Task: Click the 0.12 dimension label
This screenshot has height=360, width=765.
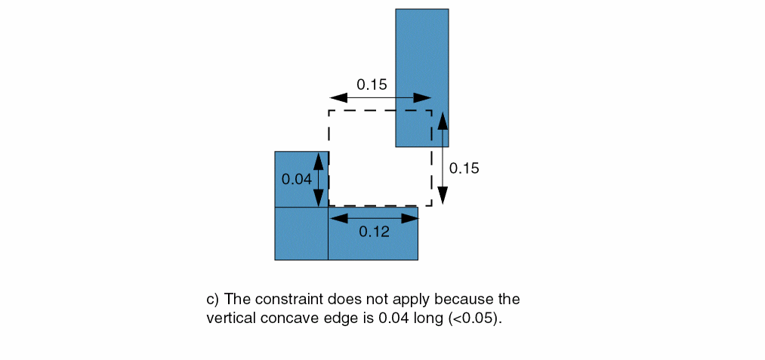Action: click(x=375, y=232)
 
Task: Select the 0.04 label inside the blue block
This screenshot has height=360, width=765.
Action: click(x=297, y=179)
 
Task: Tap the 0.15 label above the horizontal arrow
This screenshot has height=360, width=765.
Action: click(x=372, y=85)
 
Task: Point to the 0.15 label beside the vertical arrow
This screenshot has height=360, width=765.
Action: click(x=464, y=168)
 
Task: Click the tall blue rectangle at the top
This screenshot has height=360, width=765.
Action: click(x=422, y=78)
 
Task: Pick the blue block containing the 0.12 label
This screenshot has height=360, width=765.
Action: click(x=373, y=233)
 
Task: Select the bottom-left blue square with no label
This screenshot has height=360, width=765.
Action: click(x=301, y=233)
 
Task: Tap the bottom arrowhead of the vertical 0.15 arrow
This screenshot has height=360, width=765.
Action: click(x=442, y=195)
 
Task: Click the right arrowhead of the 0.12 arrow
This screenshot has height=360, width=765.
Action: click(x=410, y=218)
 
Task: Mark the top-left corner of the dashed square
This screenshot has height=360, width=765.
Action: click(x=329, y=111)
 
